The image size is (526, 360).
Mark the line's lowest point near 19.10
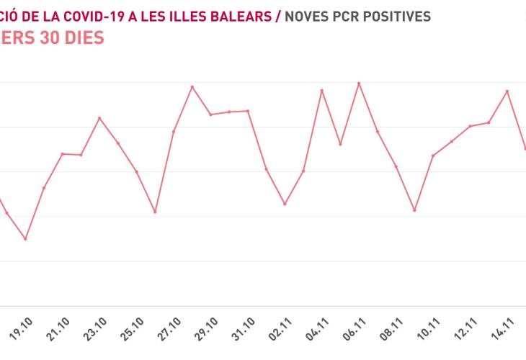click(x=26, y=238)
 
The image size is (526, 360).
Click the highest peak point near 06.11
click(x=359, y=83)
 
